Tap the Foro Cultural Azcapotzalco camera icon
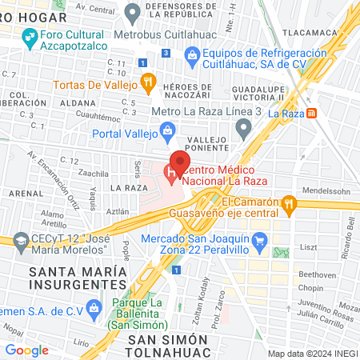click(x=29, y=36)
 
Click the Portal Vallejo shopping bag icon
click(x=167, y=130)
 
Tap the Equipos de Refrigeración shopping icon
click(x=192, y=54)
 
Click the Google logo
click(x=27, y=350)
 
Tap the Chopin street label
click(x=310, y=287)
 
